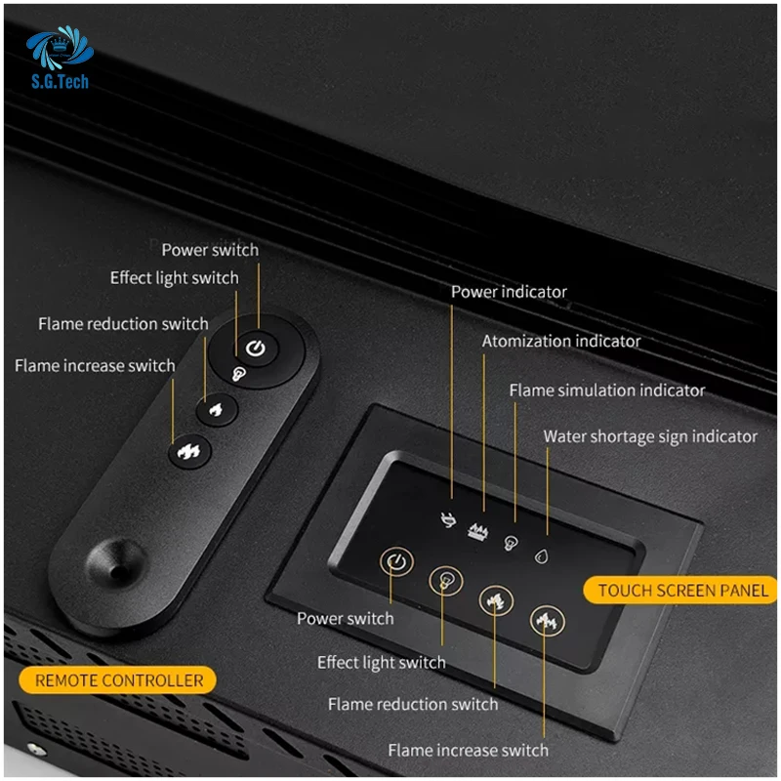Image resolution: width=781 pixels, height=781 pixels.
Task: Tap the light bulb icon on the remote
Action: tap(237, 373)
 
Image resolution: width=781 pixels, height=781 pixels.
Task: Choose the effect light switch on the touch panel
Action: tap(446, 580)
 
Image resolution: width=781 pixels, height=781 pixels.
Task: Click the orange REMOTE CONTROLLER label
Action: tap(119, 680)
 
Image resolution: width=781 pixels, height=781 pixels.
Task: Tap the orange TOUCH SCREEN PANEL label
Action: tap(682, 590)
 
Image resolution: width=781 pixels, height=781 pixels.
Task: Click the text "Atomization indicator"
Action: tap(561, 342)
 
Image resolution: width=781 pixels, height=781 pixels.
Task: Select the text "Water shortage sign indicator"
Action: tap(650, 436)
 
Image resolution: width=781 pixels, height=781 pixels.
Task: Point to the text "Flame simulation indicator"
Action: tap(606, 390)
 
